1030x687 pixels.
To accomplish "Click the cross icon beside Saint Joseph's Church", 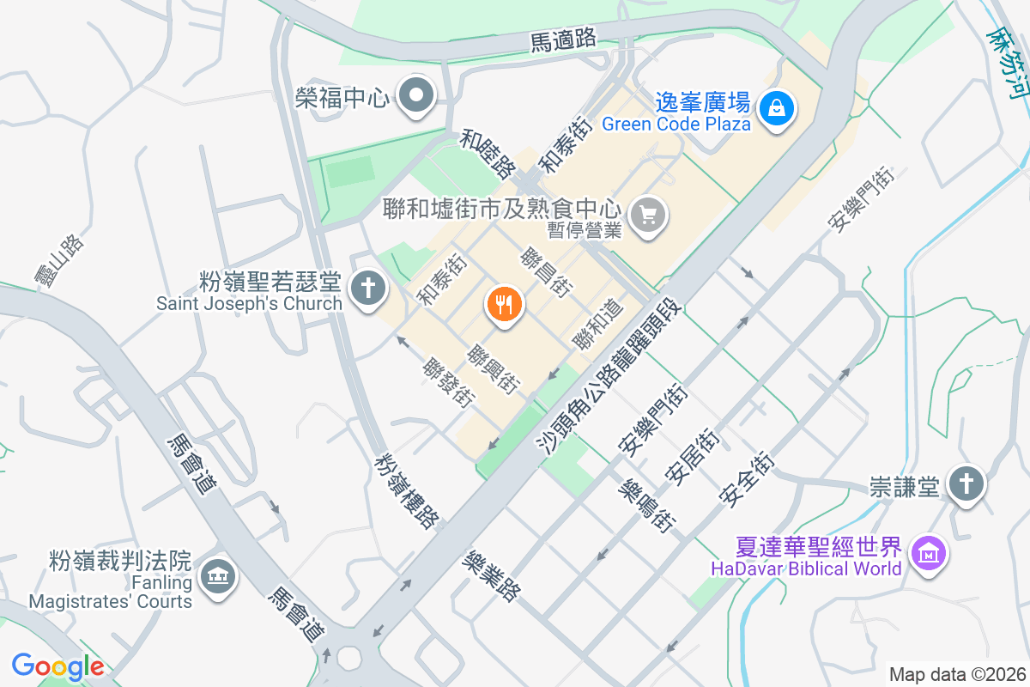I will tap(369, 287).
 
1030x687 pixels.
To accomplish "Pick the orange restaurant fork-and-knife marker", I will tap(504, 305).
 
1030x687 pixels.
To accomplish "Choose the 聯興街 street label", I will tap(494, 371).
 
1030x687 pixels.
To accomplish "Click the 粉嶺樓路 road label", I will tap(407, 490).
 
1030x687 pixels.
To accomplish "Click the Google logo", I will tap(58, 666).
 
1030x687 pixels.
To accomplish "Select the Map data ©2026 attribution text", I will tap(956, 674).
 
